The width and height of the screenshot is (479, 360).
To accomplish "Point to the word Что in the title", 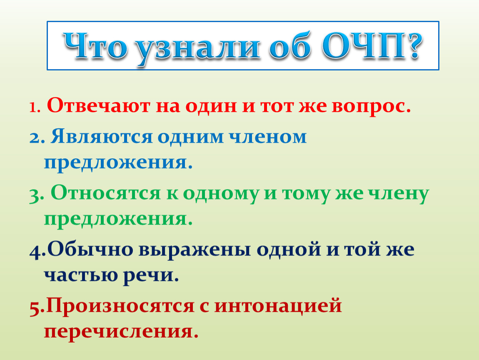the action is (x=95, y=46).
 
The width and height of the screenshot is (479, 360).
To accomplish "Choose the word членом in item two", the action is (x=267, y=137).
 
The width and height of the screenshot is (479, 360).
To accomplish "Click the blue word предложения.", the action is (x=119, y=162).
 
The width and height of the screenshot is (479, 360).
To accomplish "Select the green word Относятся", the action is (x=105, y=193).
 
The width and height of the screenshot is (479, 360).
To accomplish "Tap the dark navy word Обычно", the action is (x=90, y=249).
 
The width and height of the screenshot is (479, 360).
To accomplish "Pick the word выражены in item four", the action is (x=195, y=250).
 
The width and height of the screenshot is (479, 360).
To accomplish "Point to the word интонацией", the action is (x=278, y=305).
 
